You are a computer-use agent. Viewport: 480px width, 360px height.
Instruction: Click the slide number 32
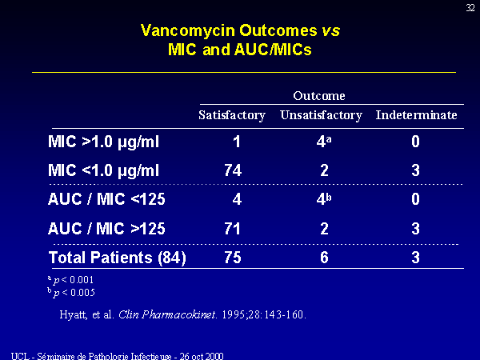[x=470, y=8]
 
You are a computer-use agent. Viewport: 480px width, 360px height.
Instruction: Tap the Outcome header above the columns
[x=319, y=96]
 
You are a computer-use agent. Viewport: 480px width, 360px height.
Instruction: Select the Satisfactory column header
[x=232, y=115]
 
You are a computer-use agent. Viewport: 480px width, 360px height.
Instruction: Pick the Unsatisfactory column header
[x=321, y=115]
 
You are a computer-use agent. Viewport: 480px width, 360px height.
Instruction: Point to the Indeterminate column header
[x=416, y=115]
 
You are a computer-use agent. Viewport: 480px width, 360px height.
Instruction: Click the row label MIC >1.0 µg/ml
[x=103, y=142]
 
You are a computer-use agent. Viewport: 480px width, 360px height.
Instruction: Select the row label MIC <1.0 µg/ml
[x=103, y=170]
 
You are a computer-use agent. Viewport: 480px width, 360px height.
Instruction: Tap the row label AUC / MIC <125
[x=106, y=199]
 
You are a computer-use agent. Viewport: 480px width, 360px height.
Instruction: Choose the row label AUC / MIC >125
[x=106, y=228]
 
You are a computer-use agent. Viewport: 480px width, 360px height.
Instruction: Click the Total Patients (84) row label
[x=118, y=258]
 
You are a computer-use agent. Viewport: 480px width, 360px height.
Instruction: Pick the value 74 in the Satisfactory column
[x=233, y=170]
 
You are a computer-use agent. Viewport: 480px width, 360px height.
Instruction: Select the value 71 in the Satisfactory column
[x=232, y=229]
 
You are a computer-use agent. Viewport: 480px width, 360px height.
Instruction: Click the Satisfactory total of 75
[x=233, y=258]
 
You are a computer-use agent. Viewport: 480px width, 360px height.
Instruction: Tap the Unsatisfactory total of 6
[x=324, y=258]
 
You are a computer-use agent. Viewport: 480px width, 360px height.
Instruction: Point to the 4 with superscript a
[x=324, y=142]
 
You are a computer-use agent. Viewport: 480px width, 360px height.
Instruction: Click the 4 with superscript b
[x=324, y=199]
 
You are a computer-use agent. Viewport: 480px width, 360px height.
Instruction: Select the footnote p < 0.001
[x=70, y=280]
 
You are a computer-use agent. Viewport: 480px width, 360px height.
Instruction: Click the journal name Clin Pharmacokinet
[x=167, y=314]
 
